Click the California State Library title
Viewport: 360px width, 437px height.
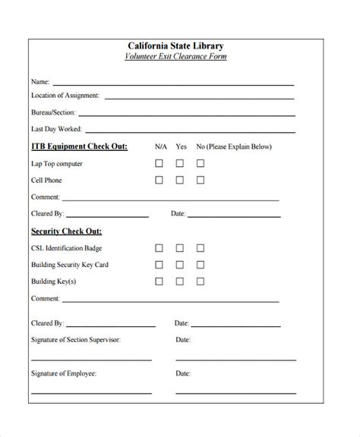tap(175, 46)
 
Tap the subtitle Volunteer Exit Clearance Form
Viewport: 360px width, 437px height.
tap(175, 57)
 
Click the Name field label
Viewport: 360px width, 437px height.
tap(39, 80)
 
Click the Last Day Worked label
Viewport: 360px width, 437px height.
tap(56, 129)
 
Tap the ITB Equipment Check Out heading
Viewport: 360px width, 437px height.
tap(79, 146)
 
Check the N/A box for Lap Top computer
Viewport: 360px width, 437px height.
tap(159, 163)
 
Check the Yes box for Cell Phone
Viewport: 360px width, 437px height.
tap(181, 181)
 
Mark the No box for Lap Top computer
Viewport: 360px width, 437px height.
tap(201, 163)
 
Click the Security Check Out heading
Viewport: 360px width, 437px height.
tap(67, 231)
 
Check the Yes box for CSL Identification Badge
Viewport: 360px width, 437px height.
tap(181, 248)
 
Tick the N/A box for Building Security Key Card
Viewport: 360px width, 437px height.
tap(159, 265)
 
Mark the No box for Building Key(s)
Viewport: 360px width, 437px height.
tap(201, 281)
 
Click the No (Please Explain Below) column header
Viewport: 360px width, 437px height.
tap(233, 146)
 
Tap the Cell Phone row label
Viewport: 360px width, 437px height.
tap(46, 181)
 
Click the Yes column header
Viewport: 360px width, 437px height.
tap(181, 146)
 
